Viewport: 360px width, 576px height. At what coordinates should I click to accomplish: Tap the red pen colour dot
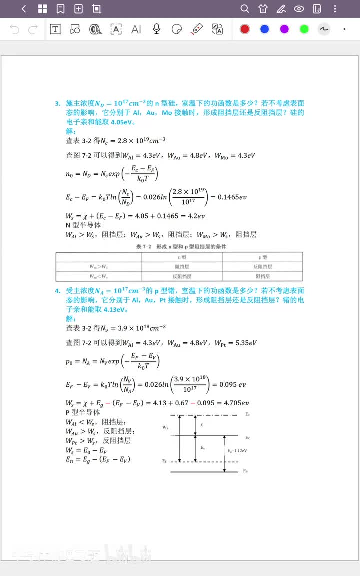245,29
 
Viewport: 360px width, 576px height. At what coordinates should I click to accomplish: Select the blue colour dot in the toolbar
265,29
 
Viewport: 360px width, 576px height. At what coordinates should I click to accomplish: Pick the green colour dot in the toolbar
304,29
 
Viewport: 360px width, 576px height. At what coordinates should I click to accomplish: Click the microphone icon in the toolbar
156,29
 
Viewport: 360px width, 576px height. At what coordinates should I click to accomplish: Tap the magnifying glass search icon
245,9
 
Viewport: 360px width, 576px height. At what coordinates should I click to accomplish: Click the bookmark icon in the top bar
60,9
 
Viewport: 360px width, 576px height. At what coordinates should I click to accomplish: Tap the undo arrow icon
15,29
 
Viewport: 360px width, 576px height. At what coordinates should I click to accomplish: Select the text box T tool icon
55,29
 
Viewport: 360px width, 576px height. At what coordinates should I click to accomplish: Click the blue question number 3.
58,103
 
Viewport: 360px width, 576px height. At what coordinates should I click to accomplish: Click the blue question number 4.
58,291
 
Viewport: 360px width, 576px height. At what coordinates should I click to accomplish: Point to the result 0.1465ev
232,197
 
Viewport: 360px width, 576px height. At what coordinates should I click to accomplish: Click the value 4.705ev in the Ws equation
235,403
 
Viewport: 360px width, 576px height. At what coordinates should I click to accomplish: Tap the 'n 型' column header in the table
182,257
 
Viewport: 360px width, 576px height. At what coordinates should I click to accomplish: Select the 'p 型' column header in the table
262,257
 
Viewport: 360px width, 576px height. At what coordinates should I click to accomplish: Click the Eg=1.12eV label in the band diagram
237,451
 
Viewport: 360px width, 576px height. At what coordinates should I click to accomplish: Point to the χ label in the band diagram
202,424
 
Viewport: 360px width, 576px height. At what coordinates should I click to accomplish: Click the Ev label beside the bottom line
245,471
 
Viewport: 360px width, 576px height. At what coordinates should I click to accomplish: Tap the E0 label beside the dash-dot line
248,415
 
